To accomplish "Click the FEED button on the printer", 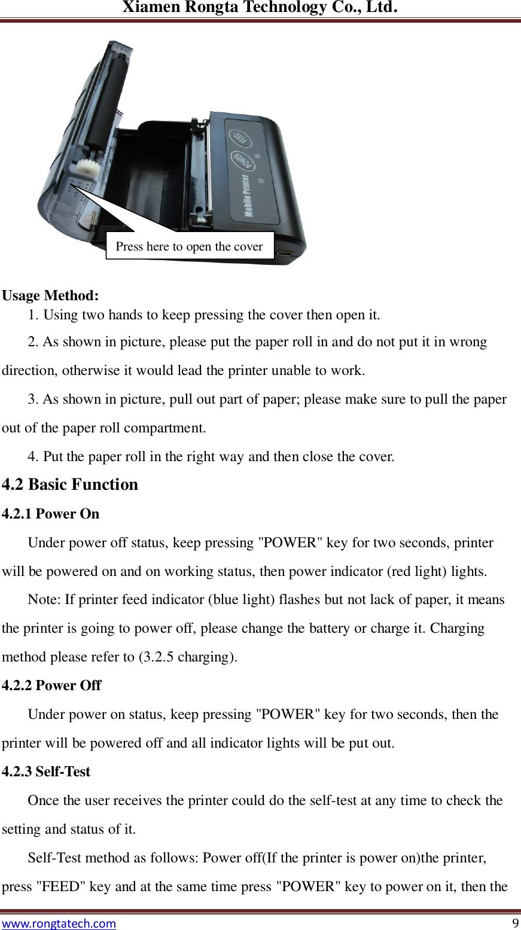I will (x=240, y=138).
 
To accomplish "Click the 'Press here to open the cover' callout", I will (x=190, y=246).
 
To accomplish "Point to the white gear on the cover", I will (x=88, y=167).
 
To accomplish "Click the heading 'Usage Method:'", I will (x=51, y=295).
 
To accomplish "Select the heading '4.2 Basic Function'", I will (x=70, y=484).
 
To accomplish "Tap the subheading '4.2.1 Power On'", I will (x=51, y=514).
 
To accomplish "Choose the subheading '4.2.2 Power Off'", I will (x=51, y=685).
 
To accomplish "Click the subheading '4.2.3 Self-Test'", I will (x=46, y=772).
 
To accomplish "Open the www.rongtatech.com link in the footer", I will (x=59, y=923).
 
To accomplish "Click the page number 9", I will (x=515, y=923).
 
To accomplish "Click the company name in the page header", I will (x=260, y=8).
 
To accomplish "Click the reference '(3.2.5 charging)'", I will (x=187, y=657).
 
